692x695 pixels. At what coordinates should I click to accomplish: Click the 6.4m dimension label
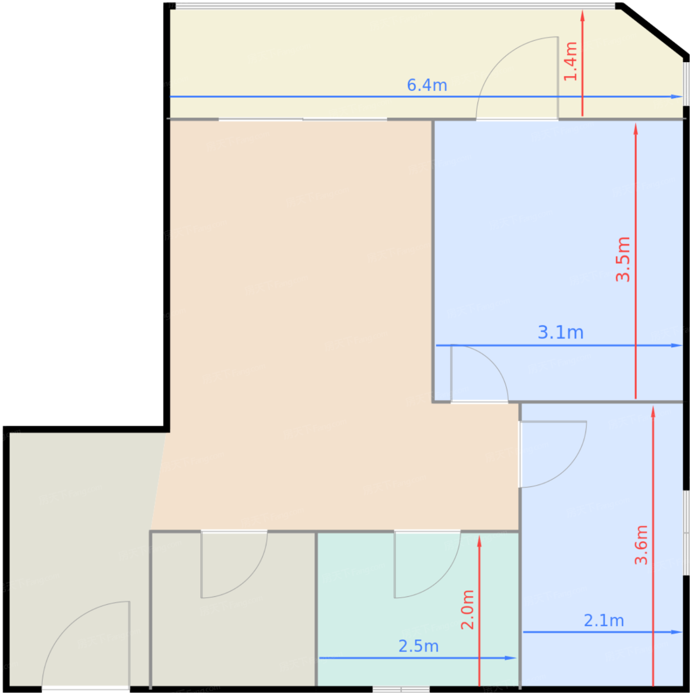(427, 85)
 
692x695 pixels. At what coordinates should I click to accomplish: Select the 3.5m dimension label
(623, 259)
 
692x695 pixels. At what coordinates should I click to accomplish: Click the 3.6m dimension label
(641, 545)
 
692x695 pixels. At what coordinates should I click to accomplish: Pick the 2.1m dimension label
(604, 621)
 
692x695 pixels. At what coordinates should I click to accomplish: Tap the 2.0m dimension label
(467, 610)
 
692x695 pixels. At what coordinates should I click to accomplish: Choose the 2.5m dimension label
(418, 646)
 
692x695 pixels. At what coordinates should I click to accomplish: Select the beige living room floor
(299, 325)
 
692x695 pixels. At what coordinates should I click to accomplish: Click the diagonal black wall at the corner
(654, 30)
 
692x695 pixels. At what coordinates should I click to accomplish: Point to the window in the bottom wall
(401, 689)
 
